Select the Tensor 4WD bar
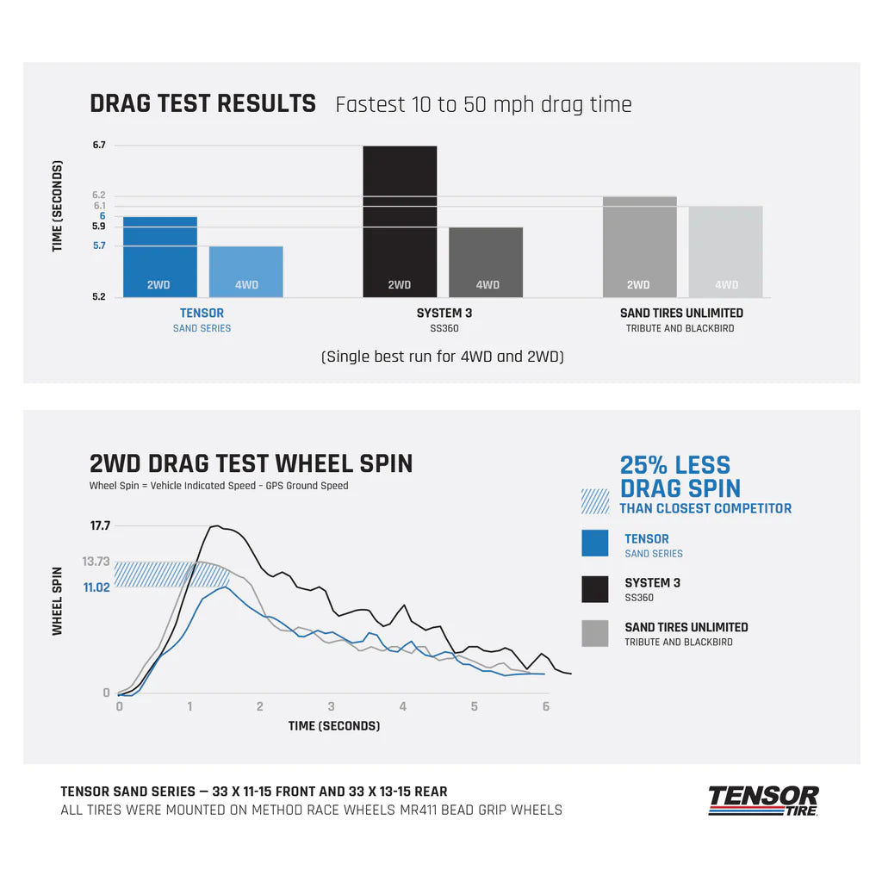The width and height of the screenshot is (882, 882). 246,271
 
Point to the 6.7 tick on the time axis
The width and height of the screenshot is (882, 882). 99,146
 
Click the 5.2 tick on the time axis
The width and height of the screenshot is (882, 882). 99,297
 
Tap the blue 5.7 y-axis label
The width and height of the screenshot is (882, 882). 99,246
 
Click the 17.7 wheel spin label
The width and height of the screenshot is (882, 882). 100,525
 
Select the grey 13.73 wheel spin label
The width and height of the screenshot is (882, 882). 96,562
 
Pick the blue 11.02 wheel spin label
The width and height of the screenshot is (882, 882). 96,587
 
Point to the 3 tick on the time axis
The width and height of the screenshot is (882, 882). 332,706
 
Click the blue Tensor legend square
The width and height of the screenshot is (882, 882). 595,543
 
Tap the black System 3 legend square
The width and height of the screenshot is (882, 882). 595,589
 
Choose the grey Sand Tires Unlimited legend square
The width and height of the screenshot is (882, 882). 595,633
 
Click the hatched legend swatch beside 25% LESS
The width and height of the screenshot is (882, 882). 595,500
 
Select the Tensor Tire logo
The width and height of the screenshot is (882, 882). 763,800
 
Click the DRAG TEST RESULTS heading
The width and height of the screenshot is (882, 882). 202,104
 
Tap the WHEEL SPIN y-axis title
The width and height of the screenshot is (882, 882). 58,600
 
